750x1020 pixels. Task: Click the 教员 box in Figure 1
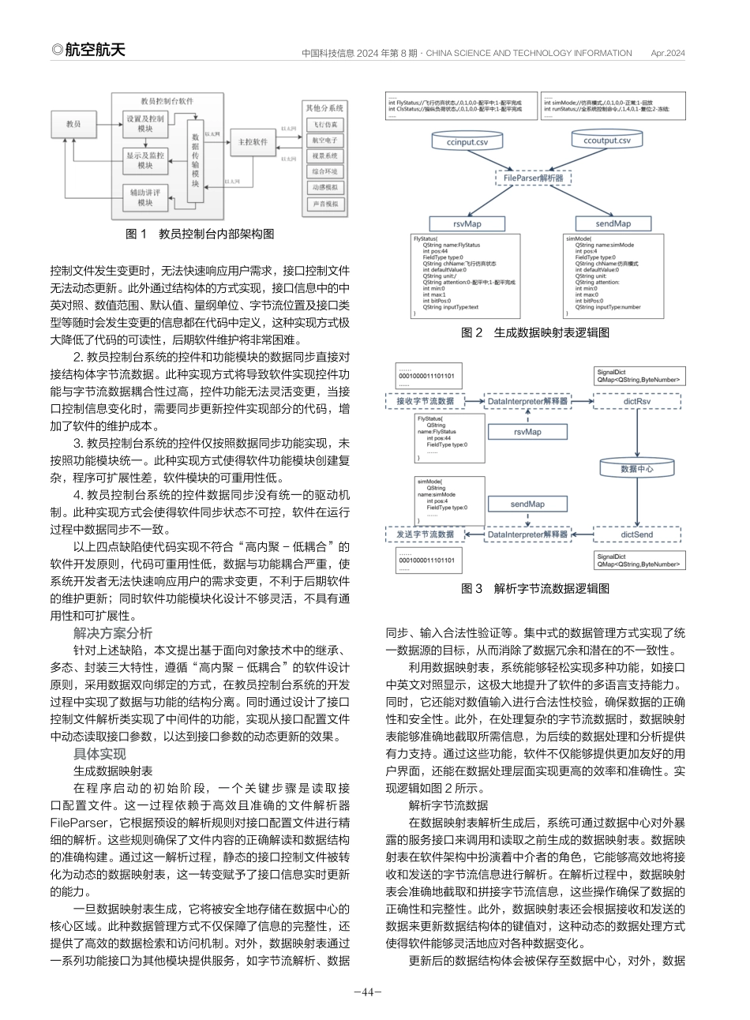(x=73, y=124)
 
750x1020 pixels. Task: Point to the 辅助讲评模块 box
(x=144, y=197)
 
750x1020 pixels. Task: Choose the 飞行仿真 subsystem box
(x=324, y=124)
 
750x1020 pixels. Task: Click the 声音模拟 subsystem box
(x=324, y=204)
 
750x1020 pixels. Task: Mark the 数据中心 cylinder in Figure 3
(x=636, y=468)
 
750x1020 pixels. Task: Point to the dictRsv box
(x=636, y=401)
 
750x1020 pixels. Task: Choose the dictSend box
(x=636, y=534)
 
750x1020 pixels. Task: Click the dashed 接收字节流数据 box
(x=425, y=401)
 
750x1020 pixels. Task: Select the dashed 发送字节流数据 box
(x=425, y=534)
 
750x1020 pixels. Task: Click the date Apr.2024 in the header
(x=668, y=53)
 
